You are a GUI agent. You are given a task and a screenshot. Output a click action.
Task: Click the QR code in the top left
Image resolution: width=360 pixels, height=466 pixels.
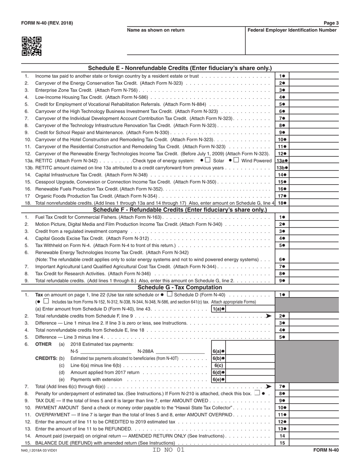click(31, 46)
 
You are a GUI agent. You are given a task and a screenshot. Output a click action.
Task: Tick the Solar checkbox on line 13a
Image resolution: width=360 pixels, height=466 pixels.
click(208, 160)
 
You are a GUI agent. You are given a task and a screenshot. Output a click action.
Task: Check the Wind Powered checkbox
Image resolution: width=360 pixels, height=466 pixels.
click(236, 160)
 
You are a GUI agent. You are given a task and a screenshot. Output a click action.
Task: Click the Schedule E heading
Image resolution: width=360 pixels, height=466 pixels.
click(180, 68)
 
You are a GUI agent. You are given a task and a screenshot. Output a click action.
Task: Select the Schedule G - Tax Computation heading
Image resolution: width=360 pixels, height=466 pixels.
click(180, 288)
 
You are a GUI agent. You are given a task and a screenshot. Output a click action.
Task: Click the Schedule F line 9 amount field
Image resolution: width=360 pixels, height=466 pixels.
click(314, 281)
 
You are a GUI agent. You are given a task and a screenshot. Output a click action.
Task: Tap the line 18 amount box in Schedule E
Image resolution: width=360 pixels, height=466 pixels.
click(314, 203)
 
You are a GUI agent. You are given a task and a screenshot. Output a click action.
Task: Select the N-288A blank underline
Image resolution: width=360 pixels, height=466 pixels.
click(180, 351)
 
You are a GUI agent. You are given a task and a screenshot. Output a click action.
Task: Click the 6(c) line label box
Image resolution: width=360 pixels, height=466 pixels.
click(219, 366)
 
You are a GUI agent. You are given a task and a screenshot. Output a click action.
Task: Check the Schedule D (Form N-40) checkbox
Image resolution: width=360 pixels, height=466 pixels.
click(170, 294)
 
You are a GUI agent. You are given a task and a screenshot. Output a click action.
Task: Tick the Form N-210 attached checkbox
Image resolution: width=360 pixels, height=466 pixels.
click(257, 393)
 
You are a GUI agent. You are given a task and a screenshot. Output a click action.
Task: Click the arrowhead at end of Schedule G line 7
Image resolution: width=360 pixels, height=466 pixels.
click(269, 386)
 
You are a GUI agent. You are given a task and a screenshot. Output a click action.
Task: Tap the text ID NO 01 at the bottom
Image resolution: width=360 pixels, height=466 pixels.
click(168, 450)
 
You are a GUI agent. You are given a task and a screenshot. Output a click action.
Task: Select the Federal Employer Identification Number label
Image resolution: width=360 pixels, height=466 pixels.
click(292, 30)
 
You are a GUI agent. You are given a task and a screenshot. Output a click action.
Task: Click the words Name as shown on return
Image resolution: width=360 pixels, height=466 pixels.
click(156, 30)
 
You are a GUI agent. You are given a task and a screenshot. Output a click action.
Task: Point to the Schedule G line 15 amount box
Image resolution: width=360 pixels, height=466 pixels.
click(314, 443)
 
